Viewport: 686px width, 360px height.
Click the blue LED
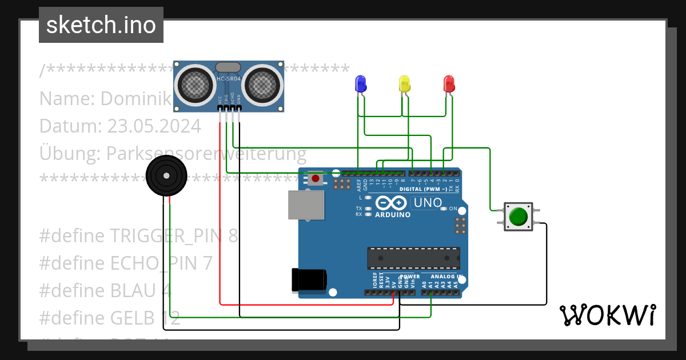[361, 84]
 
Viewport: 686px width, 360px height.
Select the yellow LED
[404, 84]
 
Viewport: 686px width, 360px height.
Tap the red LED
[449, 84]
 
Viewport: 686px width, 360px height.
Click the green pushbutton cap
[518, 217]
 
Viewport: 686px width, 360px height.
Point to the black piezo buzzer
[166, 175]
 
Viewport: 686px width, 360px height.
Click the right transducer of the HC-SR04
[262, 85]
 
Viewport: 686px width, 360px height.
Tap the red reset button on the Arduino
[315, 178]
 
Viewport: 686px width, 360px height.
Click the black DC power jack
[309, 279]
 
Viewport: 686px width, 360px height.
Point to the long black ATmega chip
[413, 258]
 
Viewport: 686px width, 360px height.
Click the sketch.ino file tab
[101, 25]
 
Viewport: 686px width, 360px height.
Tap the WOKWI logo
[607, 315]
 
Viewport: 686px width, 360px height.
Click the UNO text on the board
[428, 202]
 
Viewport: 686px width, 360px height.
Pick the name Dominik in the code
[135, 98]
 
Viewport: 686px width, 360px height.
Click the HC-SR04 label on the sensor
[229, 78]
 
